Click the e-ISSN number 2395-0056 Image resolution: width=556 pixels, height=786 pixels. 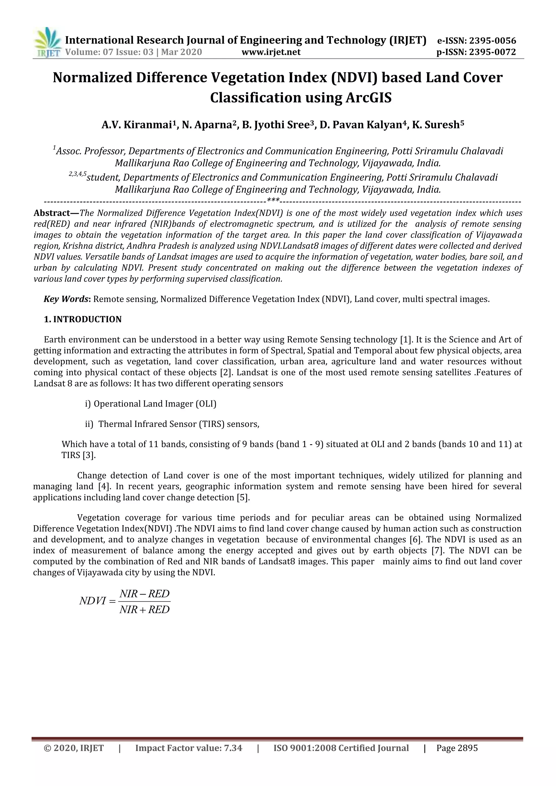tap(492, 41)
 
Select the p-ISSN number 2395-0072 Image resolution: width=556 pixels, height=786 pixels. tap(492, 52)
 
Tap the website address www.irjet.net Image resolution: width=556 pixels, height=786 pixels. tap(271, 52)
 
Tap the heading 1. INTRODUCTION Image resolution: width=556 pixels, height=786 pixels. tap(83, 319)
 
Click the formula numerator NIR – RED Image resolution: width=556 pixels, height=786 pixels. tap(144, 594)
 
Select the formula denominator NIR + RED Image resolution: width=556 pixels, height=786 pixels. tap(144, 610)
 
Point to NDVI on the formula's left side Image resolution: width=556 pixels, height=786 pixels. tap(92, 601)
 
